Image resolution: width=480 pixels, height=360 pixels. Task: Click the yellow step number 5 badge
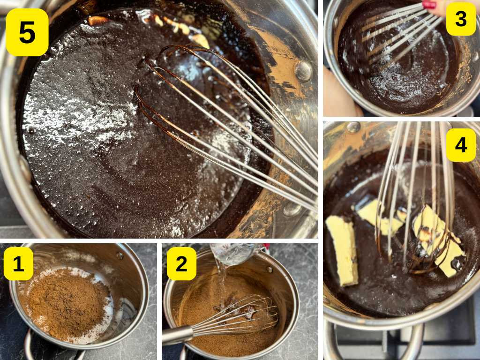[x=27, y=32]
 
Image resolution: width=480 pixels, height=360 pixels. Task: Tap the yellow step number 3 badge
[x=460, y=19]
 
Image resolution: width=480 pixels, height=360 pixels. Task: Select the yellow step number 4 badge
[x=460, y=145]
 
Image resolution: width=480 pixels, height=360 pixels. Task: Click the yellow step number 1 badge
[x=18, y=263]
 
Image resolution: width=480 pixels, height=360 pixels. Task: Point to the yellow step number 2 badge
[x=181, y=263]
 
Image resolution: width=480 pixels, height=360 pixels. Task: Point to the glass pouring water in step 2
[x=232, y=253]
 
